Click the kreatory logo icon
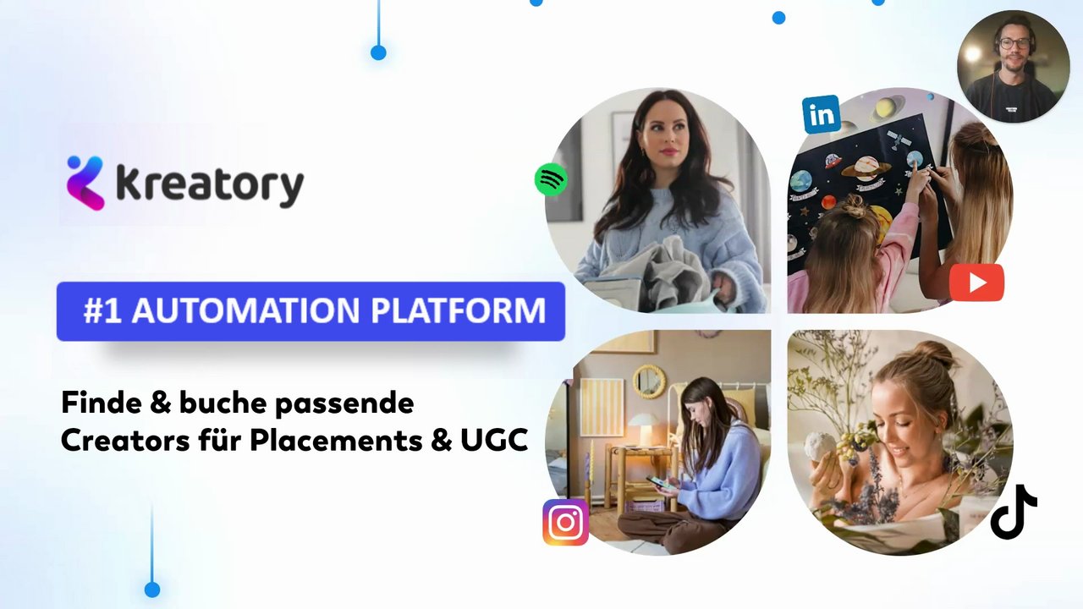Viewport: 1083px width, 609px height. [x=85, y=183]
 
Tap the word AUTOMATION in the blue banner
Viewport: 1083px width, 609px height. [x=246, y=310]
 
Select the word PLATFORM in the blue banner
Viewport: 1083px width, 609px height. [x=459, y=310]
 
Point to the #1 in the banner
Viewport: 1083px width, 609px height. [x=102, y=310]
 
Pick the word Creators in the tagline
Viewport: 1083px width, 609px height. [x=125, y=440]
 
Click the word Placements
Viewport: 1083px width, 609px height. [x=336, y=440]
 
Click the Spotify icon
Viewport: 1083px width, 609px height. [x=551, y=180]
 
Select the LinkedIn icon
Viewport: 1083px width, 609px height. [x=821, y=114]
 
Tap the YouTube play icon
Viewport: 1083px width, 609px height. [x=976, y=283]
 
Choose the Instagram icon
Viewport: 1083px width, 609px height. [x=566, y=523]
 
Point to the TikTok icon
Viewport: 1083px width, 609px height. [x=1014, y=512]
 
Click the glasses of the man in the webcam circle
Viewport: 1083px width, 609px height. [x=1014, y=43]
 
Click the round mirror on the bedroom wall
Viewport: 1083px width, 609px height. [x=649, y=381]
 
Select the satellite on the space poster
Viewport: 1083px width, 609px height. [x=899, y=140]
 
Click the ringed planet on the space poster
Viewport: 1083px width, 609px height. [x=866, y=167]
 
